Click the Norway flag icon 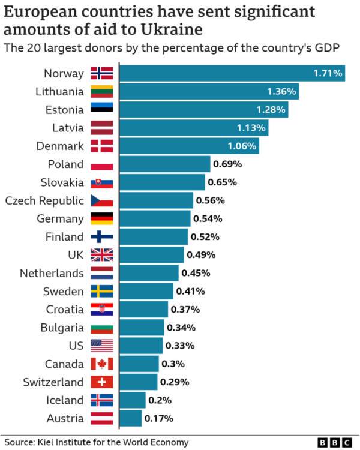[x=102, y=73]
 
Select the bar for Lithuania [x=209, y=92]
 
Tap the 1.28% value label [x=272, y=110]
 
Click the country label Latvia [x=67, y=128]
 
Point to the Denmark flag [x=102, y=146]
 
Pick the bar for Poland [x=165, y=164]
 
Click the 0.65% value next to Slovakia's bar [x=222, y=182]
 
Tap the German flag [x=102, y=218]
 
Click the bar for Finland [x=154, y=236]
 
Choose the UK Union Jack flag [x=102, y=255]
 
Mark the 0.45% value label [x=196, y=273]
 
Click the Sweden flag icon [x=102, y=291]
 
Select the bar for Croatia [x=144, y=309]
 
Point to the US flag [x=102, y=346]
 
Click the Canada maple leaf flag [x=102, y=364]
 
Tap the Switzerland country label [x=53, y=382]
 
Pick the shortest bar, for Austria [x=131, y=418]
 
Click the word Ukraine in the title [x=169, y=28]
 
